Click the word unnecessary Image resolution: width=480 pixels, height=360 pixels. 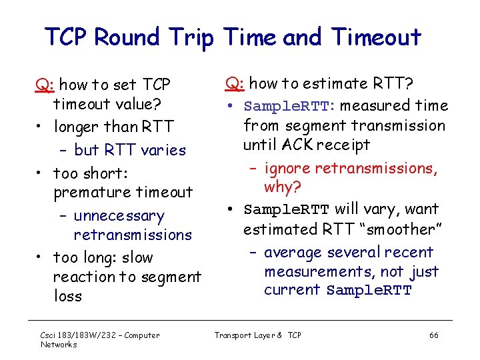119,216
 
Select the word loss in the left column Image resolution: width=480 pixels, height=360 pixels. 67,296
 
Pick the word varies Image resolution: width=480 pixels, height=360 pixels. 164,150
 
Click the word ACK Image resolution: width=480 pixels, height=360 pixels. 300,144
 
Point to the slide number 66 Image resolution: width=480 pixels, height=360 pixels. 433,335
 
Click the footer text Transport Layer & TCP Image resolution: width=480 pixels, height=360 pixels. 257,335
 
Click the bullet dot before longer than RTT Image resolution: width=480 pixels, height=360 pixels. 41,127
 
